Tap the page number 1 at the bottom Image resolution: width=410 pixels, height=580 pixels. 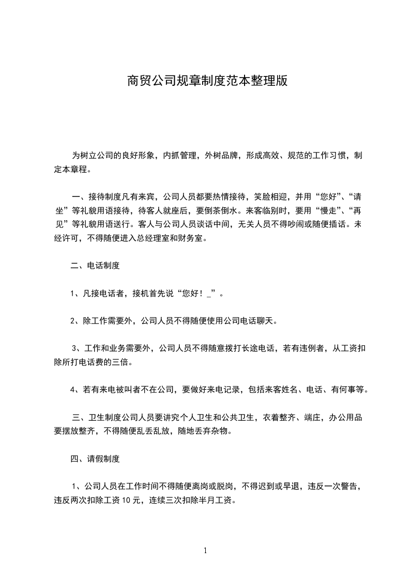[x=205, y=551]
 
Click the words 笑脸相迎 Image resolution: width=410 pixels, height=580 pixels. [x=270, y=197]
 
